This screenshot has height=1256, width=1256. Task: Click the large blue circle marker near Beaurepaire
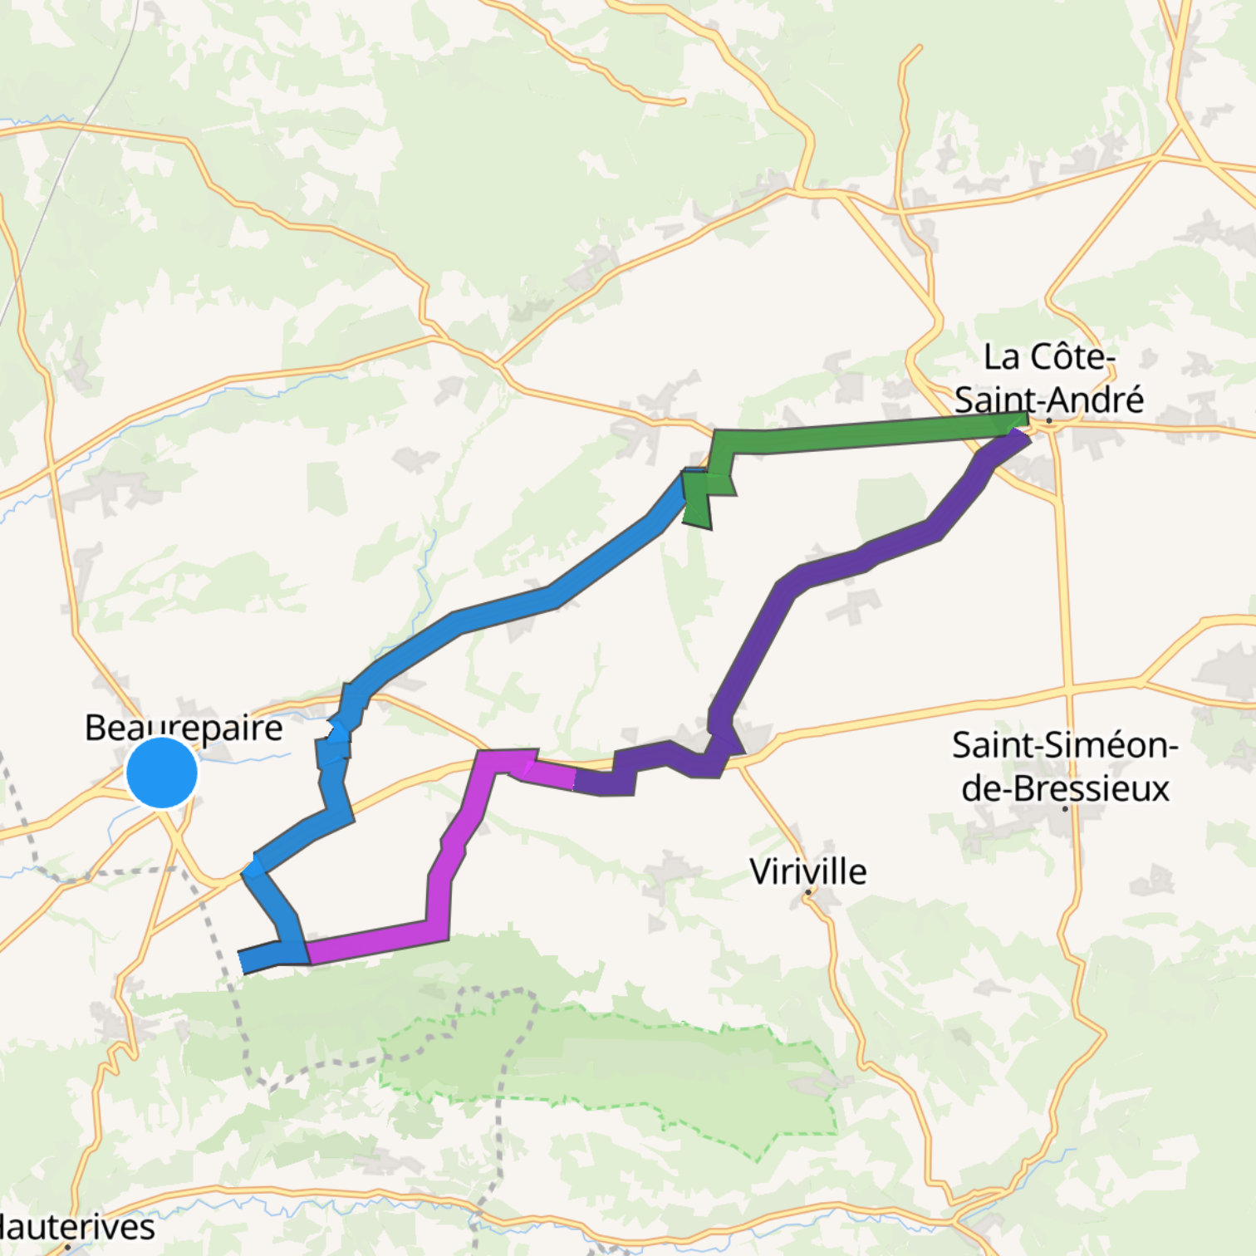coord(162,772)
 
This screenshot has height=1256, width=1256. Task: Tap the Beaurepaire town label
coord(184,728)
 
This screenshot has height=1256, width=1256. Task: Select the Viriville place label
coord(807,871)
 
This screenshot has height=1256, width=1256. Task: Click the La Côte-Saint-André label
coord(1048,379)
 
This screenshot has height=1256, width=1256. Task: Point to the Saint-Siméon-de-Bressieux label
coord(1064,766)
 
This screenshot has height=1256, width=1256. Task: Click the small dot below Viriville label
coord(807,892)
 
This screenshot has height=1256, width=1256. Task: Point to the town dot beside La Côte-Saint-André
coord(1049,421)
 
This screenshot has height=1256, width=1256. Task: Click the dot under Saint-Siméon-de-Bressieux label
coord(1065,807)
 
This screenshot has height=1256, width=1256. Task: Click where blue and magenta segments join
coord(307,953)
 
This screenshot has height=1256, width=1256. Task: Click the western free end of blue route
coord(242,962)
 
